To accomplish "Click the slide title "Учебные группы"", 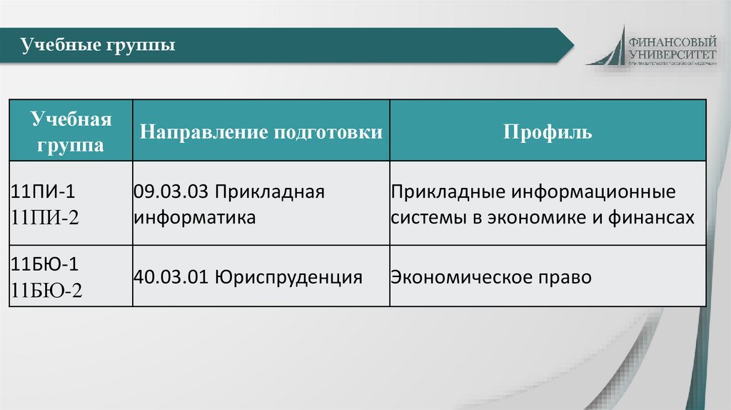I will pos(99,47).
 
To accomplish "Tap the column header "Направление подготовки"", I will pos(261,133).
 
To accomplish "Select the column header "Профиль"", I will pos(548,133).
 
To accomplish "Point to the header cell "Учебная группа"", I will pos(71,132).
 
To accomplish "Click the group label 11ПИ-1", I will pos(42,193).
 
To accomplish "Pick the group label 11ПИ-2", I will pos(44,218).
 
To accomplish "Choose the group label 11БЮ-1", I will pos(44,264).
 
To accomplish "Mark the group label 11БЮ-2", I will pos(46,290).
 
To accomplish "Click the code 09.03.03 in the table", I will pos(171,193).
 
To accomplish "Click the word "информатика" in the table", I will pos(194,217).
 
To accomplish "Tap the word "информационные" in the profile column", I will pos(593,193).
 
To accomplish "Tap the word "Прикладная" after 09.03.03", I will pos(271,193).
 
